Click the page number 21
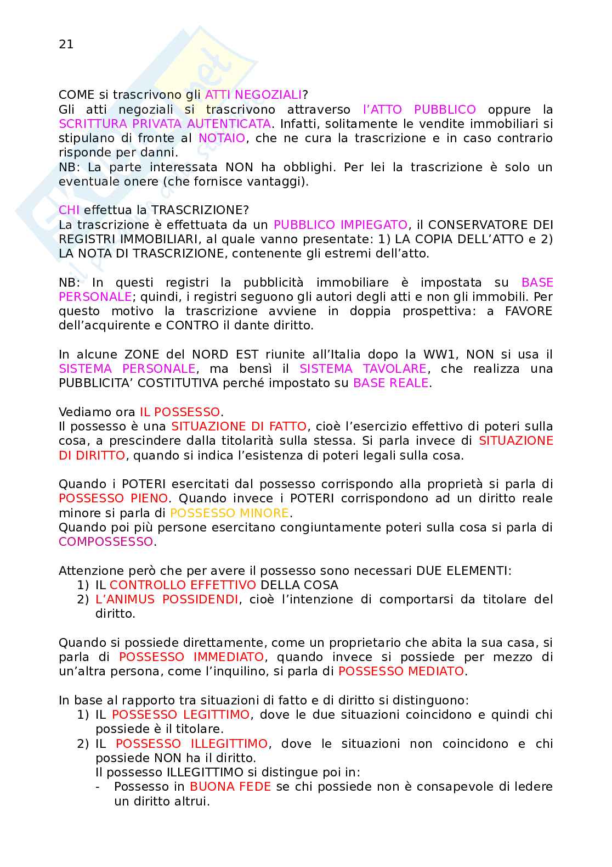point(66,44)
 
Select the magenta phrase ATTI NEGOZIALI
point(253,95)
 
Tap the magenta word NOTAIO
point(222,138)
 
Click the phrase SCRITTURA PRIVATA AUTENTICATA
point(165,124)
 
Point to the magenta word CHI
point(69,210)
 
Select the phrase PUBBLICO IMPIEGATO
point(340,225)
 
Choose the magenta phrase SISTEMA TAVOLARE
point(363,369)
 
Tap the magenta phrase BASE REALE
point(390,383)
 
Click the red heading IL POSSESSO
point(180,412)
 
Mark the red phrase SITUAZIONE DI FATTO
point(239,427)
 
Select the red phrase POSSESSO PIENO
point(113,499)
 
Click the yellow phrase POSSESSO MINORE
point(229,513)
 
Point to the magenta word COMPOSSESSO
point(106,542)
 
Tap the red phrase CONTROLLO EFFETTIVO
point(183,585)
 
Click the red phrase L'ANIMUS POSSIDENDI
point(167,600)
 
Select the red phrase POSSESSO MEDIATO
point(401,672)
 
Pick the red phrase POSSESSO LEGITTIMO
point(180,715)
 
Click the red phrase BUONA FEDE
point(230,787)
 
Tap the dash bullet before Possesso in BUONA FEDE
point(98,787)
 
